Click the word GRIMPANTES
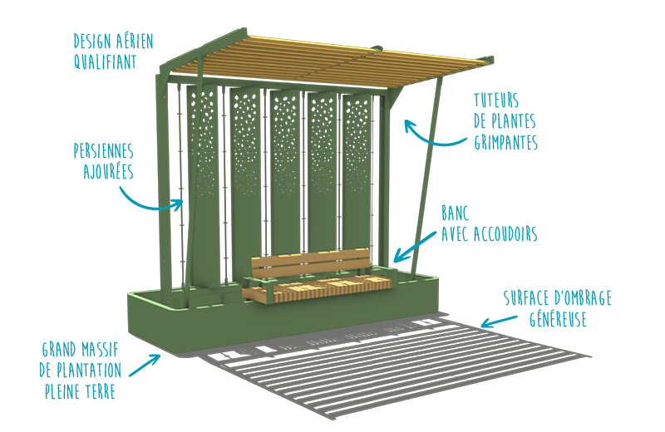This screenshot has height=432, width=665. tap(506, 143)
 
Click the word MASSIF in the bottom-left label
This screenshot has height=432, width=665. tap(101, 349)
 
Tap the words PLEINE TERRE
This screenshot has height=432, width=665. tap(80, 389)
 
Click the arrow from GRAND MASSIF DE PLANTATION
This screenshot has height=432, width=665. tap(150, 361)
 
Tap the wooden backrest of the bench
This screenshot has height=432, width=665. tap(309, 265)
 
